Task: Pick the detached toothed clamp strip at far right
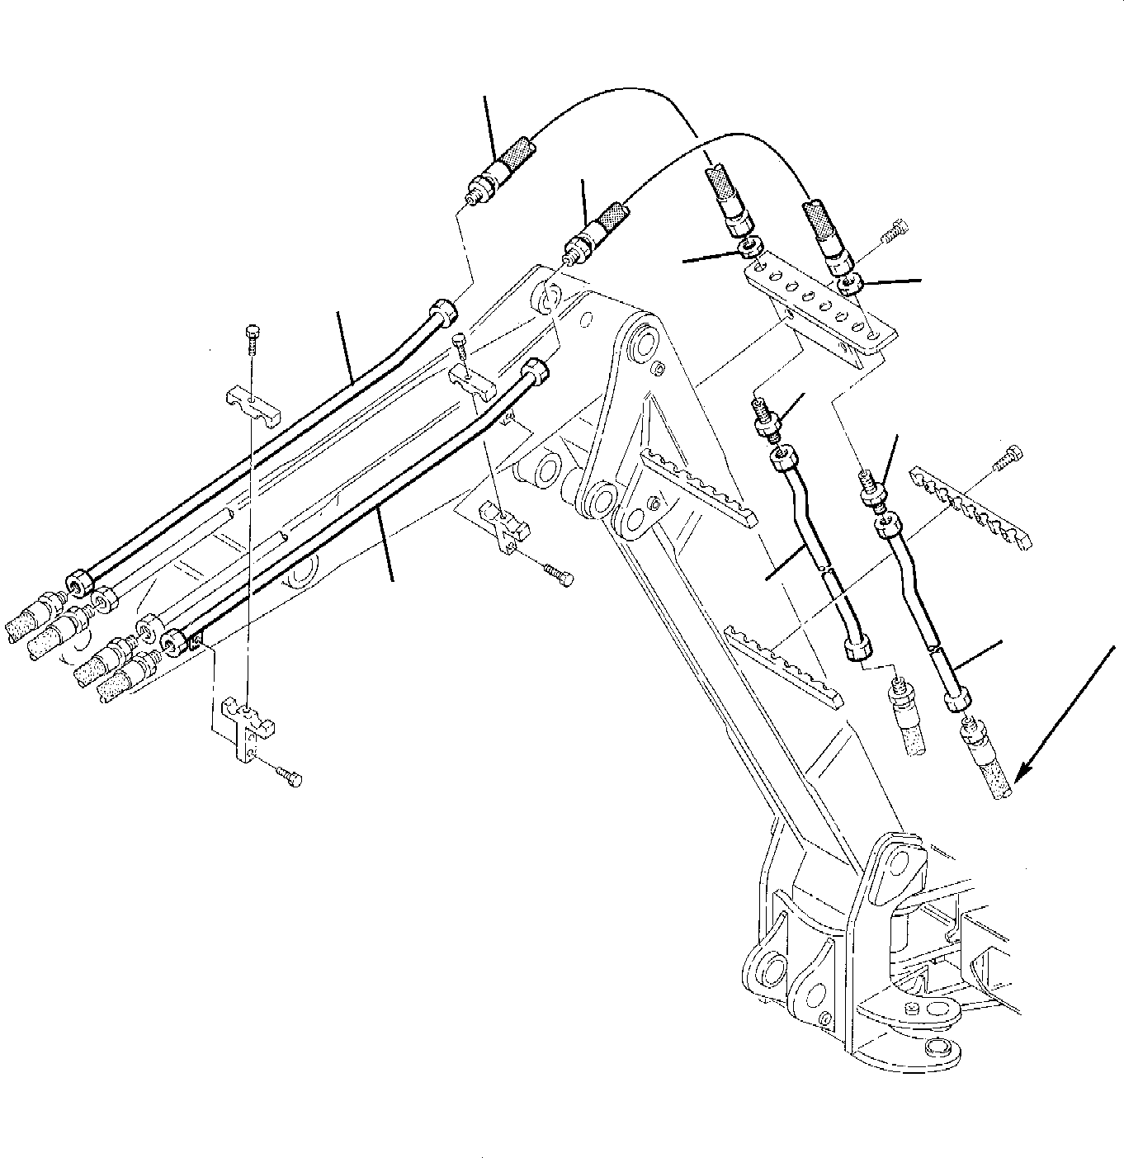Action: click(970, 503)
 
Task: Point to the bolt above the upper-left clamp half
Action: click(253, 336)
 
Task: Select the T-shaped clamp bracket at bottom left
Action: click(247, 727)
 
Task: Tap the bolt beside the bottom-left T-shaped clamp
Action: click(290, 777)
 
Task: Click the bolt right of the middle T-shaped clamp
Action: click(559, 574)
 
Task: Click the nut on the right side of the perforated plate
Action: click(850, 285)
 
